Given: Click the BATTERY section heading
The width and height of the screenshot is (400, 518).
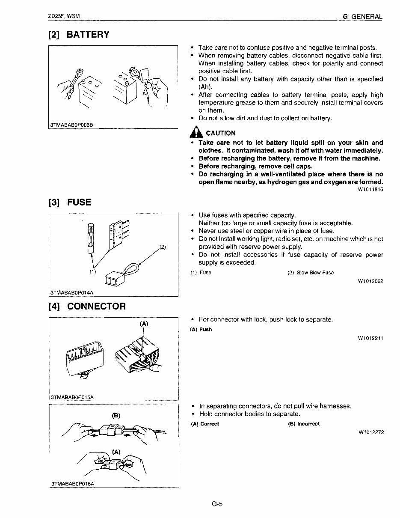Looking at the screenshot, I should coord(79,35).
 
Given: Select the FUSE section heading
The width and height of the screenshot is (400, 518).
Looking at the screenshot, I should coord(70,202).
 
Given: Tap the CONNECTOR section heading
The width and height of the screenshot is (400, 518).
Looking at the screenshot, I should coord(87,307).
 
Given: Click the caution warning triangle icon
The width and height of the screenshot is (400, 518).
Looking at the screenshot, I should coord(196,132).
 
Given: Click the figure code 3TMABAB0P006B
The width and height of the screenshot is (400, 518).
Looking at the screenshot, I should coord(71,125).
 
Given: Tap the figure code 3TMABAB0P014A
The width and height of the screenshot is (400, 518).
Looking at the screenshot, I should coord(71,293).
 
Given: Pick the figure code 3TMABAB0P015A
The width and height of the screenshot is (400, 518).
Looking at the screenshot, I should coord(72,397).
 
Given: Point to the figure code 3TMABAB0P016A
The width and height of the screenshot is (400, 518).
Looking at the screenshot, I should coord(72,484).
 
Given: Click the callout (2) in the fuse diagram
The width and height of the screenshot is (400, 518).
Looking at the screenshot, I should coord(162,247).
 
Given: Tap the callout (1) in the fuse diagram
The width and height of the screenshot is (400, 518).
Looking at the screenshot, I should coord(93,271).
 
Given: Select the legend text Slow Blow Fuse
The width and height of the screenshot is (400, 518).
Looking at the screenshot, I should coord(315,273).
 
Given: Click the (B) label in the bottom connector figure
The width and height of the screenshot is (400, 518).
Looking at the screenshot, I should coord(116,415).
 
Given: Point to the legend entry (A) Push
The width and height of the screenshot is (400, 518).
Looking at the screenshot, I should coord(201,330).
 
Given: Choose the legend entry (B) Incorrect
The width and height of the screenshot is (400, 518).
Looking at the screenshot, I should coord(304,424).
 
